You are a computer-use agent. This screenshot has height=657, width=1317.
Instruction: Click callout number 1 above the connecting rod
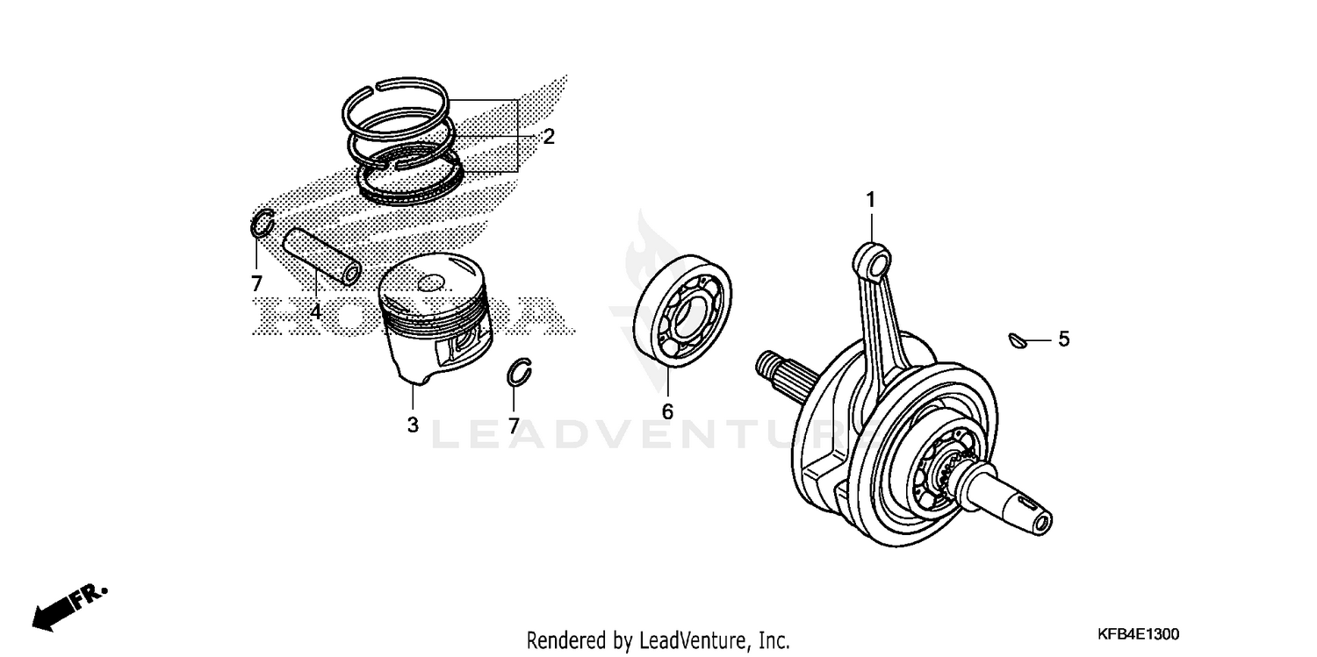(870, 201)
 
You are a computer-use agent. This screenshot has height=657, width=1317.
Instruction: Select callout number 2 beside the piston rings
(548, 136)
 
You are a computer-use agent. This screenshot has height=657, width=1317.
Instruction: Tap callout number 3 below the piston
(412, 425)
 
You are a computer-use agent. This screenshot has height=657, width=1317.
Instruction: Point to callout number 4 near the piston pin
(314, 311)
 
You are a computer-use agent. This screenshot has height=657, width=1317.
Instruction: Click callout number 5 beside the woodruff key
(1063, 339)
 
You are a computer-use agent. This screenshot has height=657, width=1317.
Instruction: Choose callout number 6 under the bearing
(667, 411)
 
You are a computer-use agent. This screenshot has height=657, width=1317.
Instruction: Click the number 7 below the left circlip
(256, 283)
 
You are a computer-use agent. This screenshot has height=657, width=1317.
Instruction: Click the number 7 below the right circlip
(513, 425)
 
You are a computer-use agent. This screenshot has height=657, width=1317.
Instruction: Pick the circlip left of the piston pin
(263, 225)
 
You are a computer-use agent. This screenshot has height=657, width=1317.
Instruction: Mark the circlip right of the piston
(521, 372)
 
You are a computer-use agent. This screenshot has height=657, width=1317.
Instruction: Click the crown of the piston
(433, 282)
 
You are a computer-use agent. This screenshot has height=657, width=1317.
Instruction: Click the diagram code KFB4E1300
(1137, 633)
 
